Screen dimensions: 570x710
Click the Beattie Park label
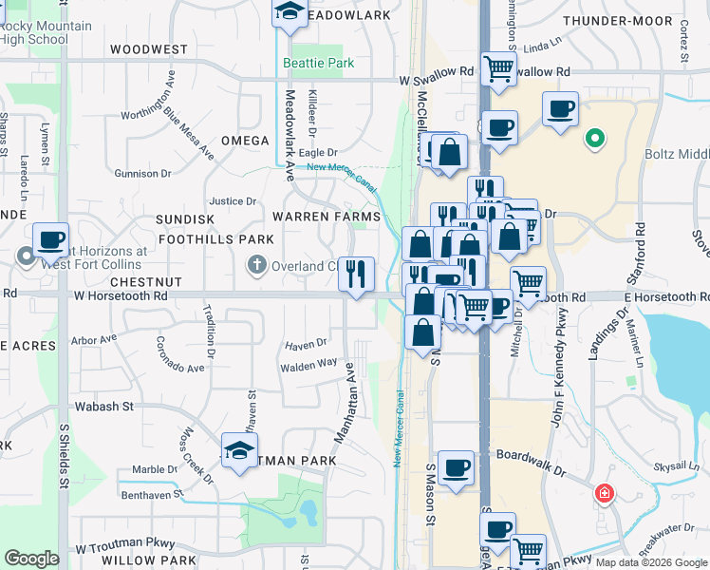[x=319, y=64]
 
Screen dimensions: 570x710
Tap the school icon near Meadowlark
[x=287, y=11]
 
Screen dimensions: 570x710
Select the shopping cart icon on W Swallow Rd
[x=497, y=68]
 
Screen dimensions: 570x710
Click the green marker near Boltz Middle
[x=595, y=139]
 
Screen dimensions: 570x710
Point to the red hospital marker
[x=604, y=494]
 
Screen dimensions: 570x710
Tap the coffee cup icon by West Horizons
[x=50, y=239]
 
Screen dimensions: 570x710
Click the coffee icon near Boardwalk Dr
[x=457, y=467]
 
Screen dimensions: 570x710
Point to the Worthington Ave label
[x=149, y=98]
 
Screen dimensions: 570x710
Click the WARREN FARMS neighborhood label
[x=326, y=218]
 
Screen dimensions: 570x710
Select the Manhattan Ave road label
[x=344, y=401]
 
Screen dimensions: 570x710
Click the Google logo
[x=31, y=559]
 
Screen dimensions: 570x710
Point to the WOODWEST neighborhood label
[x=149, y=48]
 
